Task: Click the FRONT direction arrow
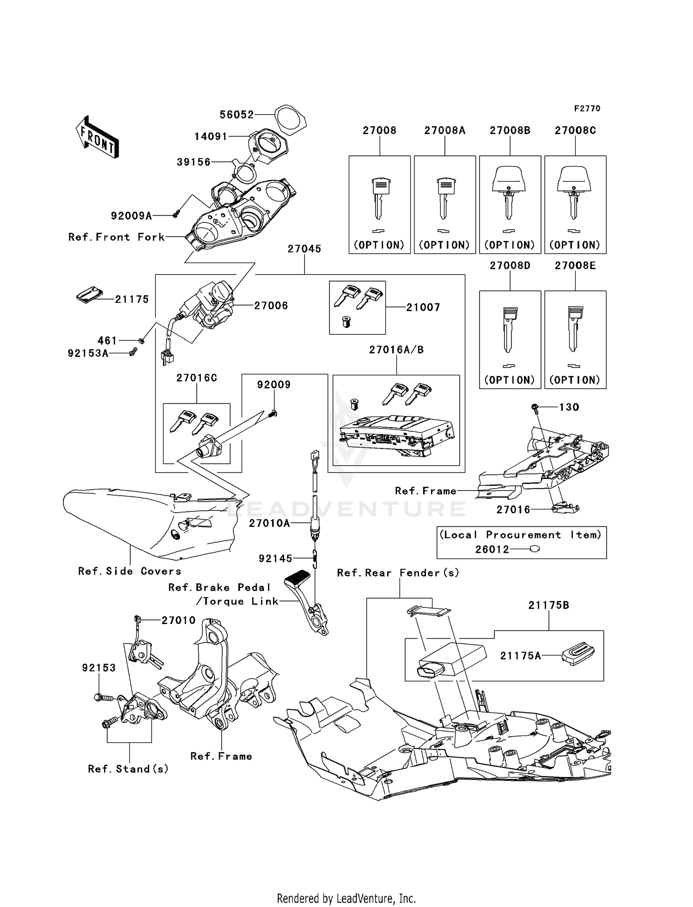pyautogui.click(x=97, y=137)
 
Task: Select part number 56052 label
pyautogui.click(x=237, y=115)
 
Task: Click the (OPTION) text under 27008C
pyautogui.click(x=575, y=245)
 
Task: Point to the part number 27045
pyautogui.click(x=304, y=249)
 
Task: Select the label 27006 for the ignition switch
pyautogui.click(x=271, y=306)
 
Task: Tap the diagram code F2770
pyautogui.click(x=587, y=109)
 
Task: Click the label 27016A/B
pyautogui.click(x=396, y=350)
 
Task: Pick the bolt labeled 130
pyautogui.click(x=535, y=407)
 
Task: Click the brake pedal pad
pyautogui.click(x=298, y=578)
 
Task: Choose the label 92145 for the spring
pyautogui.click(x=275, y=558)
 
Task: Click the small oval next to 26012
pyautogui.click(x=535, y=549)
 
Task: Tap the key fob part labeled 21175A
pyautogui.click(x=578, y=654)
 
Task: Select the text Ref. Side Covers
pyautogui.click(x=129, y=571)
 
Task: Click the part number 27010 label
pyautogui.click(x=178, y=620)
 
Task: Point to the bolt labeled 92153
pyautogui.click(x=103, y=698)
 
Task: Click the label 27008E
pyautogui.click(x=575, y=266)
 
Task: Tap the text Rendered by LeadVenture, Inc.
pyautogui.click(x=346, y=898)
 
